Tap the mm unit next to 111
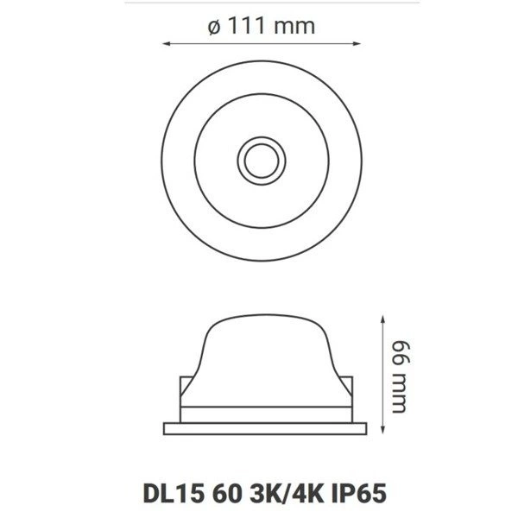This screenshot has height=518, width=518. point(294,26)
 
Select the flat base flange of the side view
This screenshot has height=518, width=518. point(258,426)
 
